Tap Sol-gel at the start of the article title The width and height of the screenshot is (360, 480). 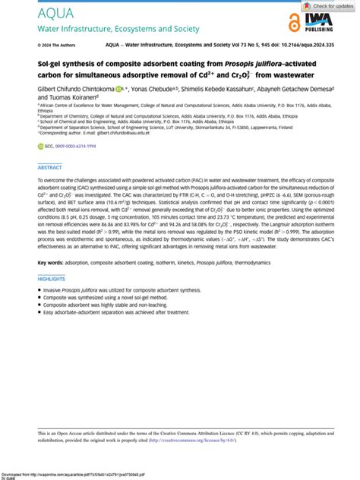[x=49, y=65]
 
